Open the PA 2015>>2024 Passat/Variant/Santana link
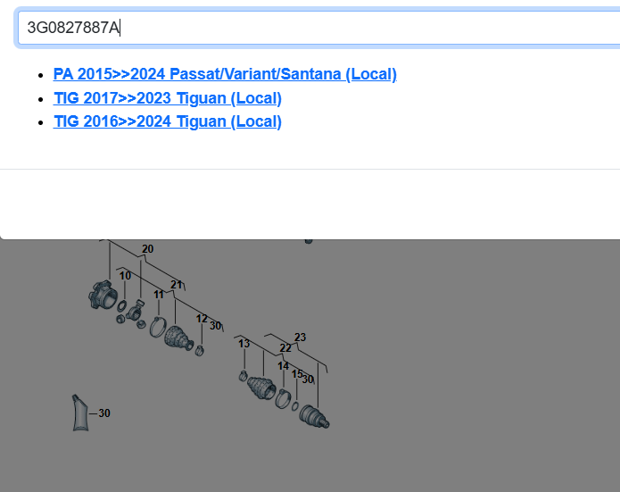coord(225,74)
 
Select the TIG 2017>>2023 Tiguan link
coord(167,98)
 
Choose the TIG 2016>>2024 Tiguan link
coord(167,121)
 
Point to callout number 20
coord(147,249)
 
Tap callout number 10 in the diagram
coord(126,276)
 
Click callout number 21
coord(177,285)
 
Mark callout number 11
coord(159,295)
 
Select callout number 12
coord(202,319)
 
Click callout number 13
coord(244,344)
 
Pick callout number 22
coord(285,348)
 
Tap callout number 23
coord(300,338)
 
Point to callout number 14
coord(283,366)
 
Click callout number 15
coord(297,374)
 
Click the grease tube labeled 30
coord(80,413)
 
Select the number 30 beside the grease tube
coord(104,413)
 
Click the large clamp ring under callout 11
coord(157,328)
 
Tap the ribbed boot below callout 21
coord(178,338)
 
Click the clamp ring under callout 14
coord(283,398)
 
